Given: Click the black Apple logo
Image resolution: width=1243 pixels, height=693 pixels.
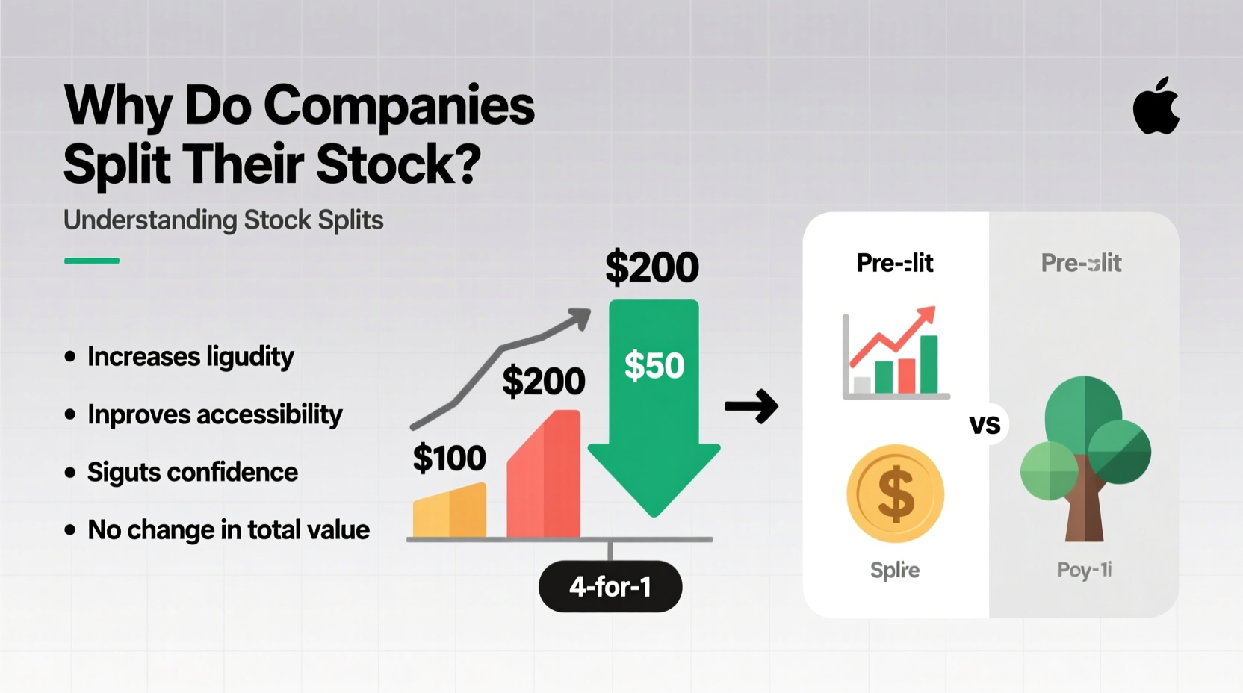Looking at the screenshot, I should (x=1156, y=107).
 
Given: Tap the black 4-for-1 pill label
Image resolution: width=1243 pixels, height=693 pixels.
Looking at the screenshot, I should (x=610, y=587).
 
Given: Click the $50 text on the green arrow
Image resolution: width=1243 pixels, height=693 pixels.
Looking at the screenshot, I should (x=654, y=366).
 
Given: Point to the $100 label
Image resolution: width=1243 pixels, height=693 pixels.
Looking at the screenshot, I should (x=449, y=458).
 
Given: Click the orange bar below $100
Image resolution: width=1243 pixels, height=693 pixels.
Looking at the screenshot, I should (x=449, y=512).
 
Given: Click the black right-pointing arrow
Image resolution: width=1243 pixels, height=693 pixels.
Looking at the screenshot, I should (x=751, y=407).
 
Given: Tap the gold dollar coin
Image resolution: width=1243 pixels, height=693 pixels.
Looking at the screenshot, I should (x=895, y=494).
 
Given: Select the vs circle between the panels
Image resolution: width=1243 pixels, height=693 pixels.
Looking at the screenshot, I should (x=985, y=425).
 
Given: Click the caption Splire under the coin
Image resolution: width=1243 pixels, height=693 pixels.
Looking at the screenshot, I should (x=895, y=571).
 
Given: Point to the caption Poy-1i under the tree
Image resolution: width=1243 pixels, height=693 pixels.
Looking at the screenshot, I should (x=1084, y=571).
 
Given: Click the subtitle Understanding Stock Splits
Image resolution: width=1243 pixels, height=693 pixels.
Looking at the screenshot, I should (x=223, y=220).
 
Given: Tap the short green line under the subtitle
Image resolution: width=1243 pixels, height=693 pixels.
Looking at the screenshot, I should (x=92, y=261).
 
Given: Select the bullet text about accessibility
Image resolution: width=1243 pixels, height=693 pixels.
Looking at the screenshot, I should (x=214, y=414).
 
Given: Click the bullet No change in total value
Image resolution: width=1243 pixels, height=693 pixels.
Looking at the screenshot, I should (x=228, y=530).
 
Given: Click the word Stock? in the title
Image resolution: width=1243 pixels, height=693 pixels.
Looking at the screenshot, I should (x=398, y=164).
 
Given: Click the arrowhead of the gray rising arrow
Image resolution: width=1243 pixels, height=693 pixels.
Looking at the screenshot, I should (x=579, y=319).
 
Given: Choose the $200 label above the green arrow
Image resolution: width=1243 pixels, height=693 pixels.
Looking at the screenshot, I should (x=651, y=267).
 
